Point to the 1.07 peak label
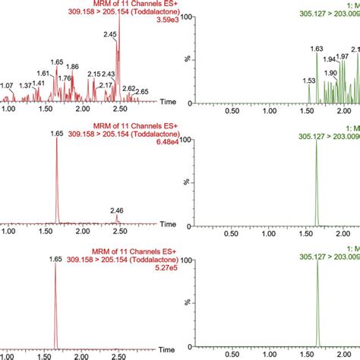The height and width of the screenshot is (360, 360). [x=7, y=86]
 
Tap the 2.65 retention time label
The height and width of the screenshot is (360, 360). [x=141, y=92]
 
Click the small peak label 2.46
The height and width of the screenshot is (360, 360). [x=117, y=210]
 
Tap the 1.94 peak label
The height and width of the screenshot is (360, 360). [x=330, y=59]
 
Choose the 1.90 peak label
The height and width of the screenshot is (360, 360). [x=330, y=73]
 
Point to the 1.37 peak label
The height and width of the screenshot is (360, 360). [x=27, y=86]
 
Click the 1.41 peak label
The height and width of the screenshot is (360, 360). [x=39, y=83]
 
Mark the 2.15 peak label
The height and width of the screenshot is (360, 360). [x=94, y=74]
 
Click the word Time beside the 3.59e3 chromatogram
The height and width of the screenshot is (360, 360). [x=169, y=102]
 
